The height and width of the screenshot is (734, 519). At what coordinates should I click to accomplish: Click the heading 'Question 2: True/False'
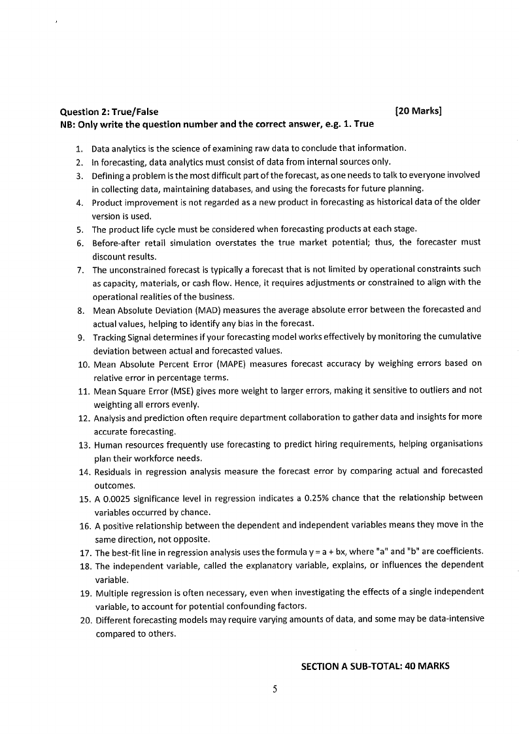(109, 112)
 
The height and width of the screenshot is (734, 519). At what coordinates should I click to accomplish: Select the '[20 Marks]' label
(419, 111)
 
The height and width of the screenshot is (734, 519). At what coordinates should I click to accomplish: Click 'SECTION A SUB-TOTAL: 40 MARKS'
(375, 667)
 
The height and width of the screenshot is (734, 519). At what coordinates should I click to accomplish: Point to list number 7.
(79, 269)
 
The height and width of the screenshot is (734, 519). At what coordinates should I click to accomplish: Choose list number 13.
(83, 444)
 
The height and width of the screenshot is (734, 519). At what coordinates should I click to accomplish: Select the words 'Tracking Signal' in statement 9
(121, 337)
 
